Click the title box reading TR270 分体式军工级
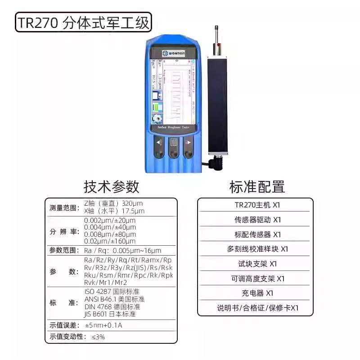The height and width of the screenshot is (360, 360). point(83,22)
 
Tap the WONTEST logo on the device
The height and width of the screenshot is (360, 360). point(173,52)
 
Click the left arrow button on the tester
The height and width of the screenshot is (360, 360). point(158,148)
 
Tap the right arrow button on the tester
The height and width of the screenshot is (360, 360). point(188,148)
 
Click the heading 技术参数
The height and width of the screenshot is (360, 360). point(111,186)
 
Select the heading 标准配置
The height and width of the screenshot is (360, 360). point(257,186)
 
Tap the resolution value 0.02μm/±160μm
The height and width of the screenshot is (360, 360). point(110,241)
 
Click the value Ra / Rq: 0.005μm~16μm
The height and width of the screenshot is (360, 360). point(122,251)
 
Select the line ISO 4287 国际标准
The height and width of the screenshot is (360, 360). point(114,292)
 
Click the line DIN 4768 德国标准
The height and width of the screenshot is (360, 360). point(112,306)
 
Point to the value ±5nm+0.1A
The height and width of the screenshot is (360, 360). point(103,325)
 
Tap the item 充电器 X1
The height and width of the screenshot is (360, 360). point(256,293)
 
